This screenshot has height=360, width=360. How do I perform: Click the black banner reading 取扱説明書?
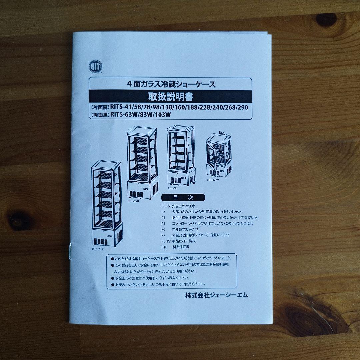170,97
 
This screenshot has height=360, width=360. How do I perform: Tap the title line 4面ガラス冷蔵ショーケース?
171,84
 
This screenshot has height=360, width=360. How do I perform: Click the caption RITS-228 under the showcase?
133,201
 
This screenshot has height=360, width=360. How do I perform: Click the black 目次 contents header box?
183,197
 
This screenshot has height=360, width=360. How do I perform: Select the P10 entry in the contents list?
164,247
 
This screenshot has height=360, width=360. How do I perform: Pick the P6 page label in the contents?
163,229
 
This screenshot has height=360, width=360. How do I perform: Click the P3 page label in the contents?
163,212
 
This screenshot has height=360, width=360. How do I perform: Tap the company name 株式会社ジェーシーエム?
216,295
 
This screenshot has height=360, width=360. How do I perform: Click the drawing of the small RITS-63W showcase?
219,155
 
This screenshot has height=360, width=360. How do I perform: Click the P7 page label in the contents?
163,235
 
